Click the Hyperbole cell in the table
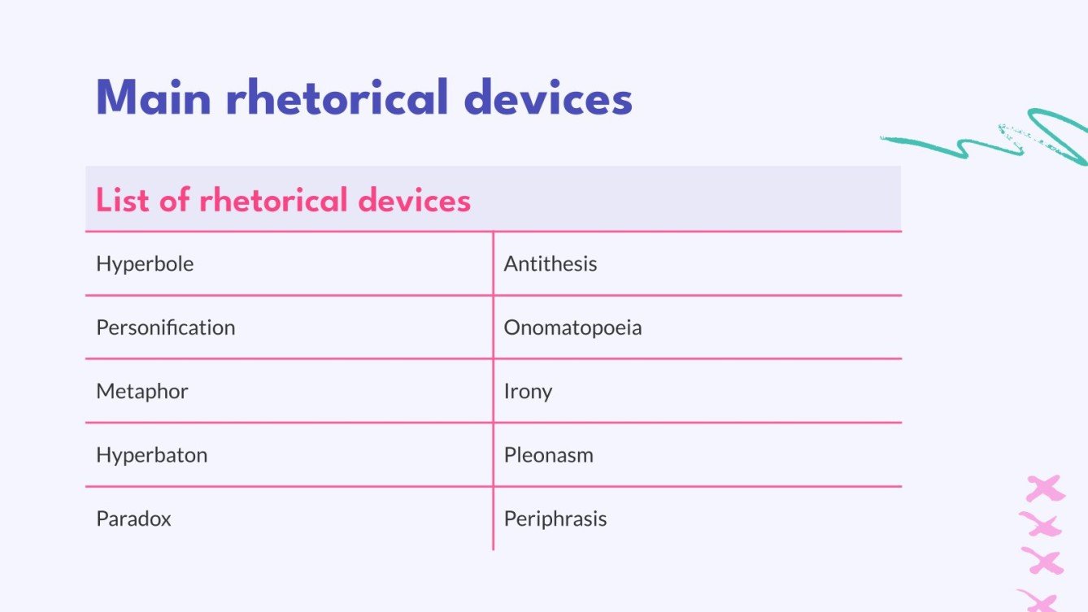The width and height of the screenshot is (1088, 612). (x=145, y=264)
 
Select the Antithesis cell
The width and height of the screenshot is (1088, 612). (x=551, y=264)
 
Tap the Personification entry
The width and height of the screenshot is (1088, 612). (x=166, y=328)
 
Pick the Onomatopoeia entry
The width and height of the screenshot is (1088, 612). (x=572, y=328)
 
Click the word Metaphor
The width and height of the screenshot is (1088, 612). (x=142, y=391)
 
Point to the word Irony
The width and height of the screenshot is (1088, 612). (x=528, y=392)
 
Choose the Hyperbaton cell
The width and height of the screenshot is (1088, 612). (x=152, y=455)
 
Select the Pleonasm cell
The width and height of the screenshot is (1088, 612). (x=549, y=455)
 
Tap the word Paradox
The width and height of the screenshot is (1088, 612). (x=134, y=519)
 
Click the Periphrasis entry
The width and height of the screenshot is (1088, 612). (x=555, y=519)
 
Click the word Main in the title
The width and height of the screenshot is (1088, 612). (x=154, y=98)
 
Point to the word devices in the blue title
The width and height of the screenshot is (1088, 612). (x=547, y=98)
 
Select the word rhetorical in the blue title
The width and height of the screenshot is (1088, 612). (x=337, y=98)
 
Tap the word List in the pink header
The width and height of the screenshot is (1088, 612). (x=123, y=200)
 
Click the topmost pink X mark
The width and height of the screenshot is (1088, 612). (x=1044, y=488)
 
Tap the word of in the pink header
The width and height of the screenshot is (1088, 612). (x=174, y=200)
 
